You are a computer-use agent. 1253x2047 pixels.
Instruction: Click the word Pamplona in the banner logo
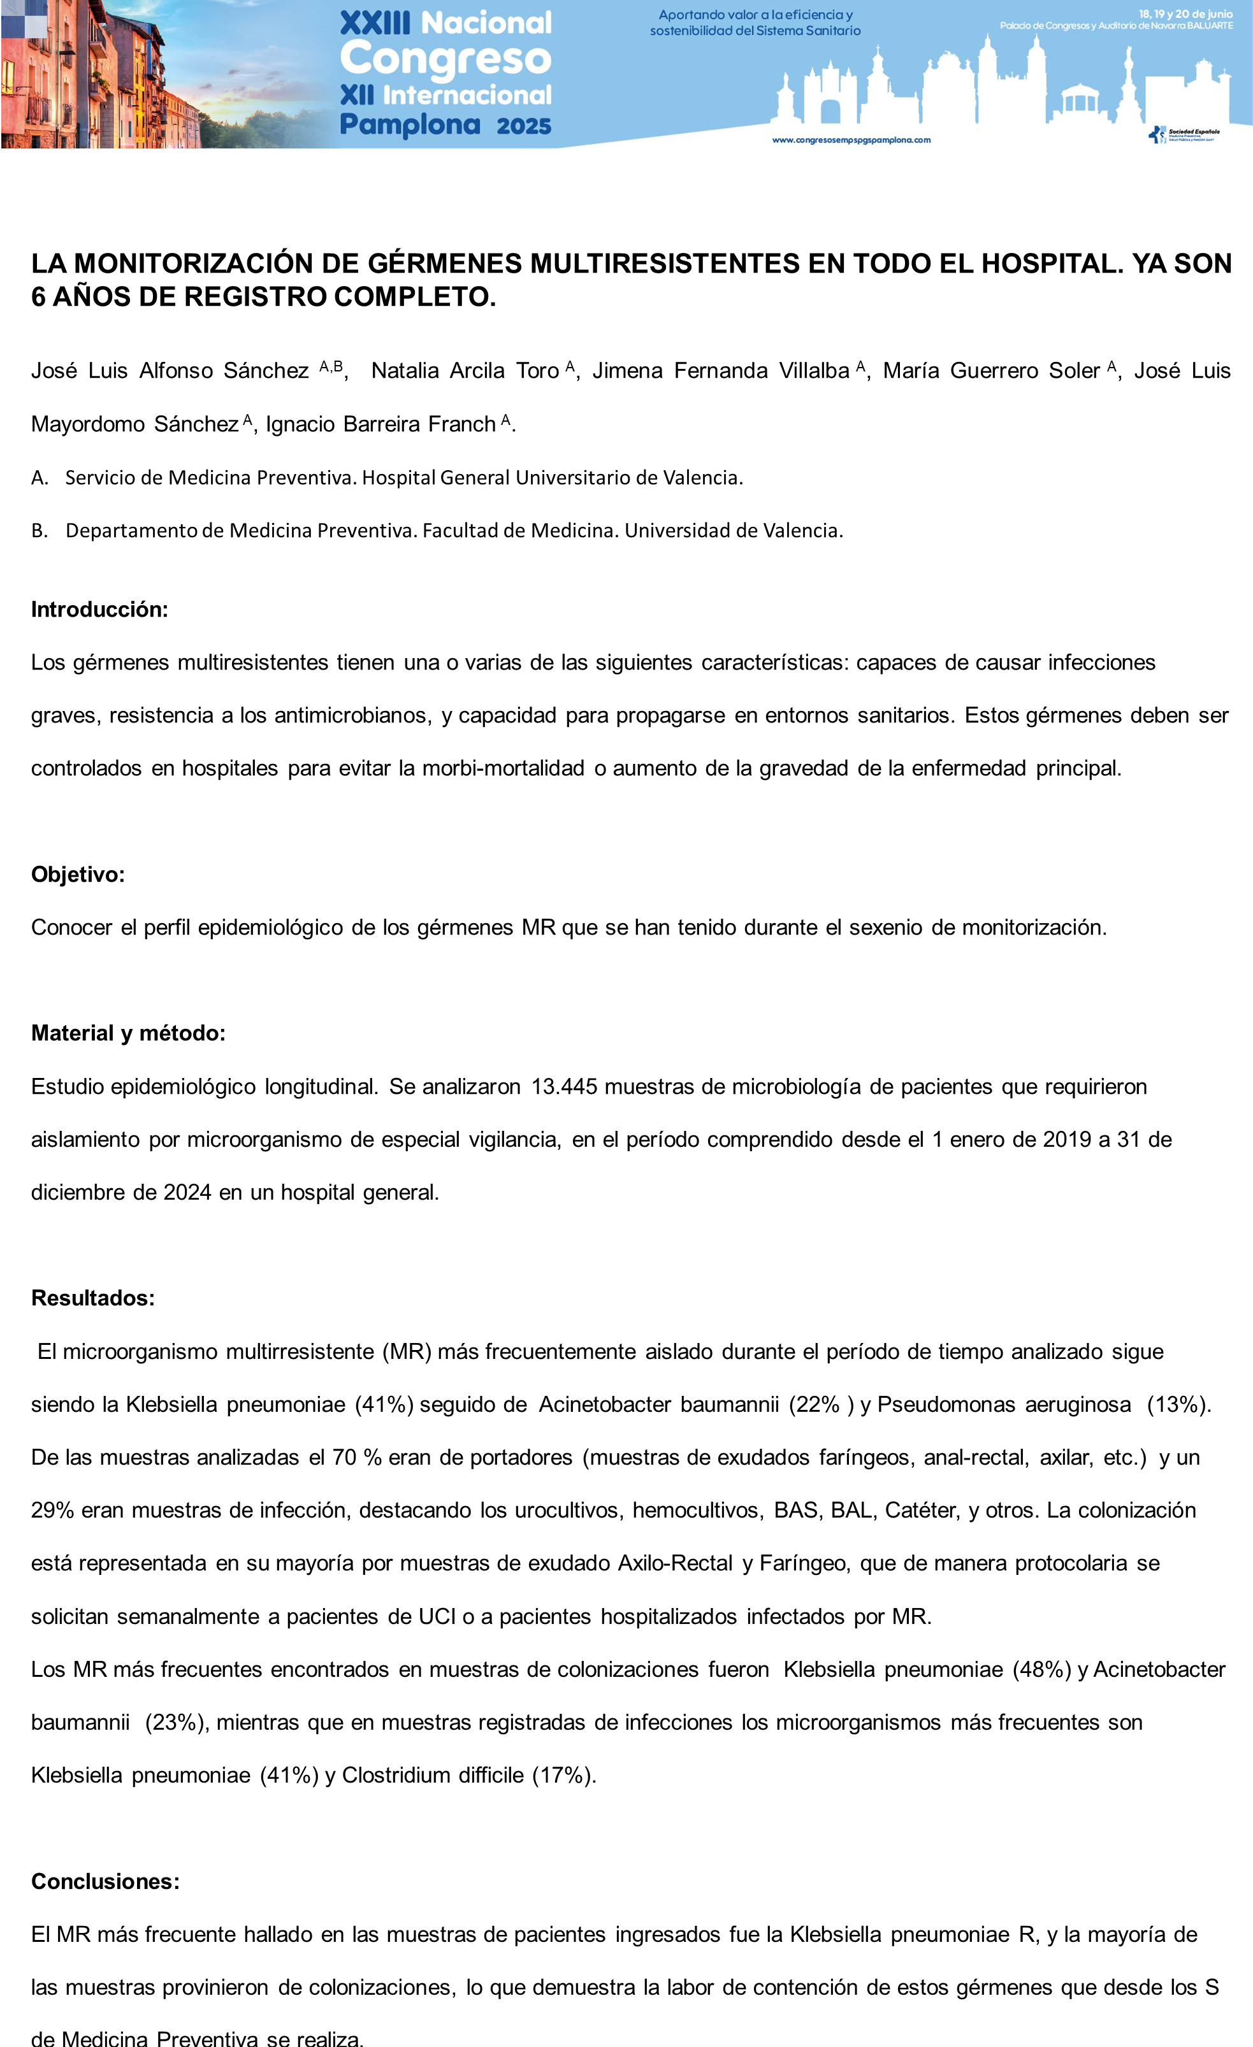click(x=410, y=126)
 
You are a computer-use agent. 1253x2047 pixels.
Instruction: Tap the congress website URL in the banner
click(x=851, y=140)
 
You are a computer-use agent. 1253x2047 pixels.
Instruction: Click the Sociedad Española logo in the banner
click(x=1184, y=134)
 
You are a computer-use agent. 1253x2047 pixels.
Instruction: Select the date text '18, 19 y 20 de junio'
click(x=1185, y=14)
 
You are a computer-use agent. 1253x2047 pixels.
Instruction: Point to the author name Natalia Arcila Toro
click(x=465, y=371)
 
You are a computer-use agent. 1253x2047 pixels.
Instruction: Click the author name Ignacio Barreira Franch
click(x=380, y=424)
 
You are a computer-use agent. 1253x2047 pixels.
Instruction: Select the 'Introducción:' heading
click(x=99, y=609)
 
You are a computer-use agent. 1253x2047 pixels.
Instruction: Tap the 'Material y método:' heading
click(x=128, y=1033)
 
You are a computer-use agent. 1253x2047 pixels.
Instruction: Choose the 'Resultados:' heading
click(x=93, y=1298)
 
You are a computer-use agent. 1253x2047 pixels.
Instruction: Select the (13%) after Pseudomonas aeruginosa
click(x=1178, y=1404)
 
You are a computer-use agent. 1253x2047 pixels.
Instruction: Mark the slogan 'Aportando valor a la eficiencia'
click(x=755, y=15)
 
